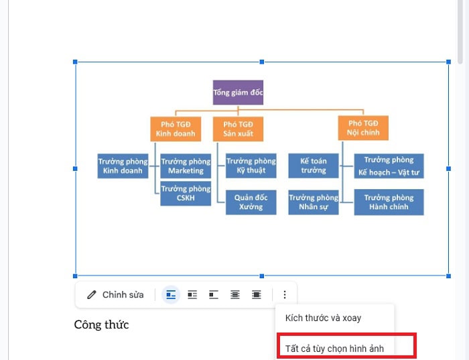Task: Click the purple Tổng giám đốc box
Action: pos(238,93)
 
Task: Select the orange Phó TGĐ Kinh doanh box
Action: pos(175,129)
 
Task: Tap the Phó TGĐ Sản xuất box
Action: pos(238,129)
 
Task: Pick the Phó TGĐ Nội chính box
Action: pos(363,128)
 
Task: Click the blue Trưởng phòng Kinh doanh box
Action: pos(123,166)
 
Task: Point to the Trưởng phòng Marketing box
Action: pos(186,166)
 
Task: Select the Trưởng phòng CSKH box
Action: pos(186,193)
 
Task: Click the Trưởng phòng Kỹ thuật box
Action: pos(251,166)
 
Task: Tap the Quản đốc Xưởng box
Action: pos(251,202)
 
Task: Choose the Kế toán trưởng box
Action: pos(313,166)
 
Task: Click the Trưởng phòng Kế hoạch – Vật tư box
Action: pos(389,166)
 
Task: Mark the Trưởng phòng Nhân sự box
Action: pos(313,202)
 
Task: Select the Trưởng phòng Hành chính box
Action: pos(389,202)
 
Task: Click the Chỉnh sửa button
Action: pos(115,295)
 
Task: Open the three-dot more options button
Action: pos(285,295)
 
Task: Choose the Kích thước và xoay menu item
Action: pos(324,318)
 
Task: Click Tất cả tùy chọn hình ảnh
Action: pos(339,347)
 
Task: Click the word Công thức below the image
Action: pos(101,325)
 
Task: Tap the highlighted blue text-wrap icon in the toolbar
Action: pos(172,295)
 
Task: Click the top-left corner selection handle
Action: pos(76,62)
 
